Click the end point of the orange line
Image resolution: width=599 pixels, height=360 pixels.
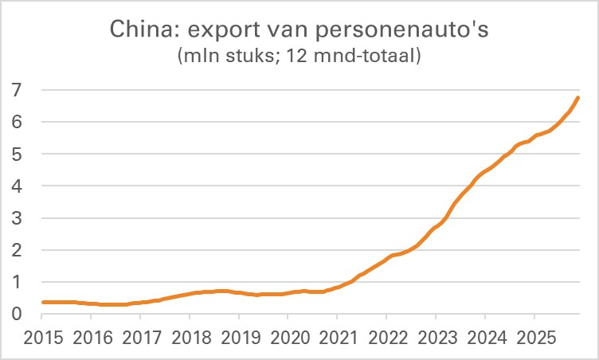[578, 98]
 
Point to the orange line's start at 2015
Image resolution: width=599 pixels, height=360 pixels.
[42, 302]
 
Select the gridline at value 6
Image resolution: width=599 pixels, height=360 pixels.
[311, 123]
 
